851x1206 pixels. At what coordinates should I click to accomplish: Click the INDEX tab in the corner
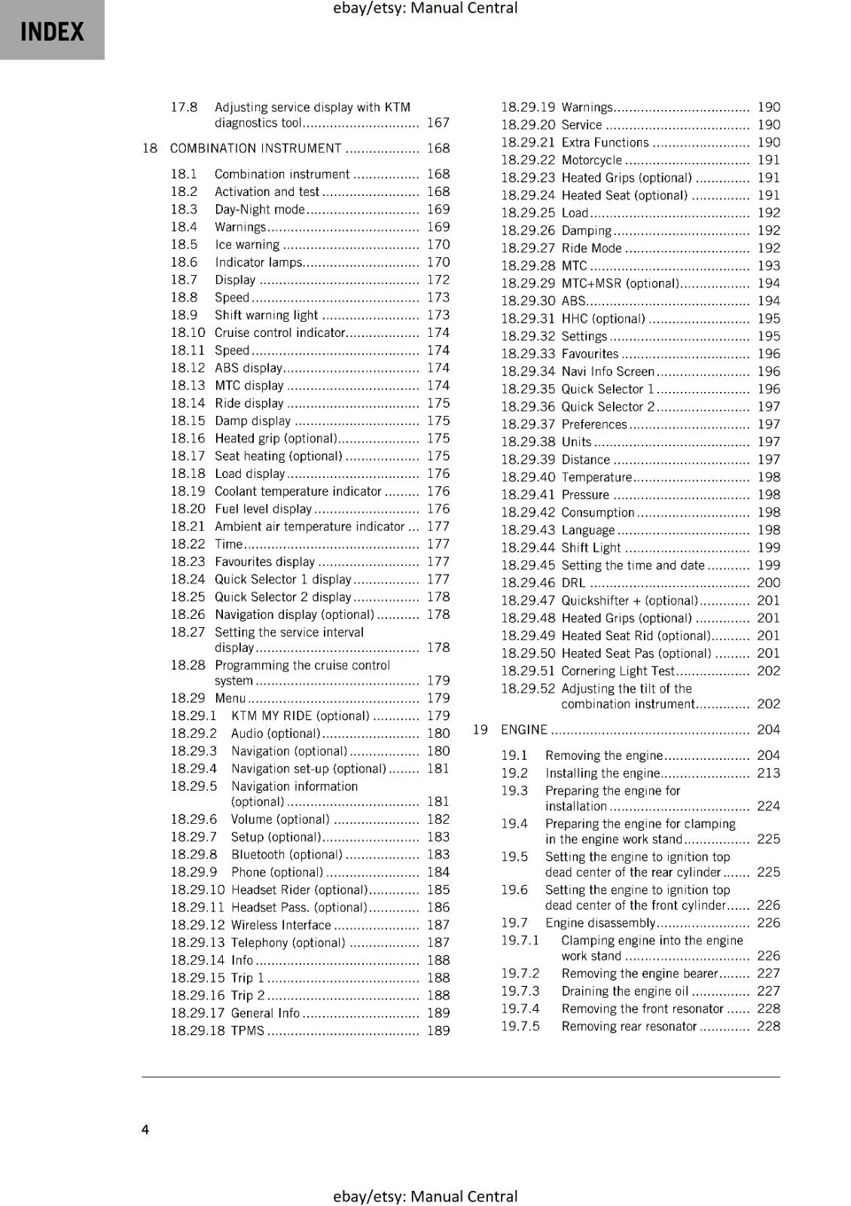52,31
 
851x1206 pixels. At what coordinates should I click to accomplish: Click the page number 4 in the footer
145,1129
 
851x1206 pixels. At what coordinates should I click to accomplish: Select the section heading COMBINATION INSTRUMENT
255,148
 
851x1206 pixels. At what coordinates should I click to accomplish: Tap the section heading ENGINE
524,730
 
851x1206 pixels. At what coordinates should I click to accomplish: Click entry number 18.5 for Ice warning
184,245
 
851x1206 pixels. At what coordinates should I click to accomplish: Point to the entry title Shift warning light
267,315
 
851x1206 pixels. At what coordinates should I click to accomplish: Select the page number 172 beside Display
438,280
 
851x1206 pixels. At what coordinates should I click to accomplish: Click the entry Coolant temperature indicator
298,491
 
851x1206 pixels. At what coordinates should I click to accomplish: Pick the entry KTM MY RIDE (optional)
300,716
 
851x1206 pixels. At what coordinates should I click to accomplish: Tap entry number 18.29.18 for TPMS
197,1030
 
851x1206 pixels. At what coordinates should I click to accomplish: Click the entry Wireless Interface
281,925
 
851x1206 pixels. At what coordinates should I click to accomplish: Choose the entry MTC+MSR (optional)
620,283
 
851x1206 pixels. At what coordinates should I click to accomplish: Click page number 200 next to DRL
768,583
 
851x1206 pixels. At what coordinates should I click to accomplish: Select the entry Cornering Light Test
618,671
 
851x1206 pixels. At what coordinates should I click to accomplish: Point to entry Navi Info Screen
608,372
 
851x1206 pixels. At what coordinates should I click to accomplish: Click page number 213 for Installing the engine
768,773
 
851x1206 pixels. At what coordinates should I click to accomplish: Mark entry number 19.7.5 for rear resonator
520,1027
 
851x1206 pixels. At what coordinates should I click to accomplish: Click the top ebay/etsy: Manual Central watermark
425,8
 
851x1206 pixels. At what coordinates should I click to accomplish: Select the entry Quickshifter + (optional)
630,601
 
